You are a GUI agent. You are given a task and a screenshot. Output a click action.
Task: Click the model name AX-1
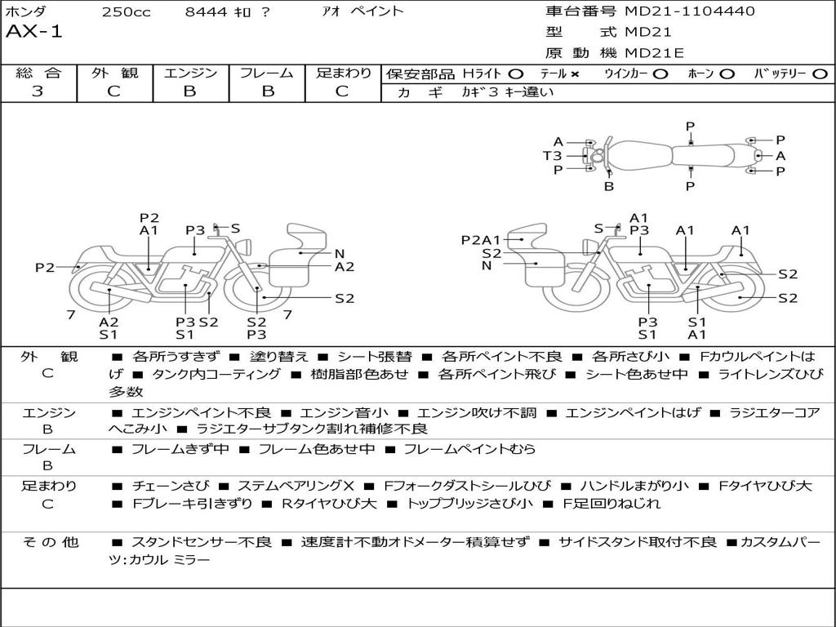pyautogui.click(x=33, y=32)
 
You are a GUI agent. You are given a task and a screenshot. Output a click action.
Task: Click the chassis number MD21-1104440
pyautogui.click(x=689, y=11)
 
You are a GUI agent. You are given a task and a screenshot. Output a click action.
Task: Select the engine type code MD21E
pyautogui.click(x=654, y=53)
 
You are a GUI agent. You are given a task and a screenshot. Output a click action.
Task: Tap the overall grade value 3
pyautogui.click(x=38, y=91)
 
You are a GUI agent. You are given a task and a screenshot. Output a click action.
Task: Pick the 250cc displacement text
pyautogui.click(x=127, y=11)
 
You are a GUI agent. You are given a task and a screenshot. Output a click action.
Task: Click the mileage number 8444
pyautogui.click(x=207, y=11)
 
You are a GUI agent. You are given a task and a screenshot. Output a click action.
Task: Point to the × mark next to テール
pyautogui.click(x=574, y=74)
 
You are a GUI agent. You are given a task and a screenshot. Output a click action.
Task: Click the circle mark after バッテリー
pyautogui.click(x=820, y=74)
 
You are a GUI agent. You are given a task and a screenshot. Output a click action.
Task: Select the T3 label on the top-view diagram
pyautogui.click(x=553, y=156)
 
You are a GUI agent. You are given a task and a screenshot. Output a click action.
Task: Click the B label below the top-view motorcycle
pyautogui.click(x=609, y=187)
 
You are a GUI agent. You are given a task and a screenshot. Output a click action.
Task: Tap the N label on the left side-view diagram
pyautogui.click(x=340, y=254)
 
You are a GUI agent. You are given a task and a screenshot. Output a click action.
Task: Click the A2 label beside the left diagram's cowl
pyautogui.click(x=345, y=267)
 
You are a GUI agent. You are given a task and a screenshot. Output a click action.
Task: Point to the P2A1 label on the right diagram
pyautogui.click(x=481, y=241)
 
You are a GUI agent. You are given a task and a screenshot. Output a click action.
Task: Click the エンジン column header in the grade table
pyautogui.click(x=190, y=73)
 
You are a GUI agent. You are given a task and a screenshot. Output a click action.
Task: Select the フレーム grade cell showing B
pyautogui.click(x=268, y=91)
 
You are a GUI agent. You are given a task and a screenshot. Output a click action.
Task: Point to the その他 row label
pyautogui.click(x=51, y=542)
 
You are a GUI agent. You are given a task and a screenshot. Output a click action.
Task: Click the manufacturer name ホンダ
pyautogui.click(x=25, y=11)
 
